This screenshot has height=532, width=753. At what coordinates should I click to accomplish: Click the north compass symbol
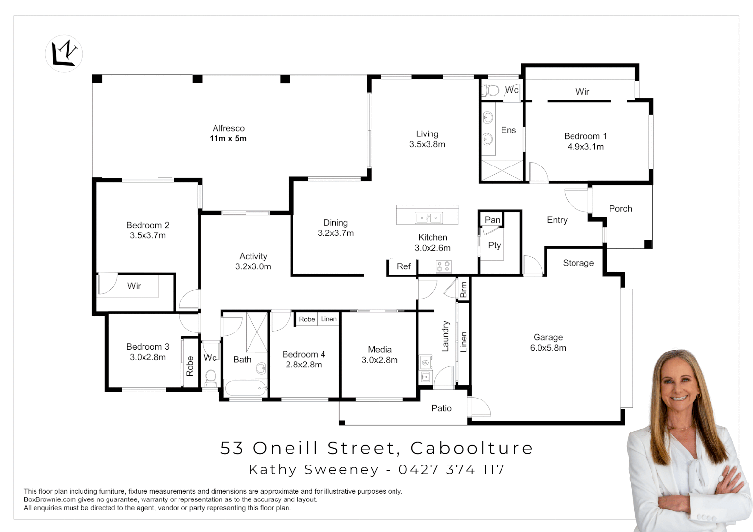[64, 54]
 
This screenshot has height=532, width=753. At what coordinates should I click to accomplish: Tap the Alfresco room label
[228, 128]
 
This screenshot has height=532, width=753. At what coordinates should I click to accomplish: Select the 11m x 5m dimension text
[228, 139]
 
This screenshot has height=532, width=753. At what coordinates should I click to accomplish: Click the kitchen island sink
[428, 217]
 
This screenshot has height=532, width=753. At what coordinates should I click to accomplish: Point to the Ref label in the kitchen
[403, 266]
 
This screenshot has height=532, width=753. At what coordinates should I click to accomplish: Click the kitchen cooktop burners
[443, 266]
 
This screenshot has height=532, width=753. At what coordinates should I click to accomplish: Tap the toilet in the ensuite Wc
[491, 90]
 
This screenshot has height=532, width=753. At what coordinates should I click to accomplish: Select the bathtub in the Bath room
[245, 388]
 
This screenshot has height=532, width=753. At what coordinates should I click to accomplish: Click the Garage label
[548, 337]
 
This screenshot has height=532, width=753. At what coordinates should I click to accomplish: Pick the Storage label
[578, 263]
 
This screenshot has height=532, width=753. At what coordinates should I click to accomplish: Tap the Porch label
[620, 209]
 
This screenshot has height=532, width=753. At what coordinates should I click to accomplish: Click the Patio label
[441, 408]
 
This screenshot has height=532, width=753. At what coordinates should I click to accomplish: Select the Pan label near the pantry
[492, 220]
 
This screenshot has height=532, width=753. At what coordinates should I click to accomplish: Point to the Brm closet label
[464, 290]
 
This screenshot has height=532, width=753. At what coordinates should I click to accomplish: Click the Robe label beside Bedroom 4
[307, 319]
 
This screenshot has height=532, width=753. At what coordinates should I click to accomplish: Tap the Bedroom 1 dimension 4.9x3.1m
[585, 147]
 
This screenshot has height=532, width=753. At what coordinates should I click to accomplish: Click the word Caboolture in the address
[471, 448]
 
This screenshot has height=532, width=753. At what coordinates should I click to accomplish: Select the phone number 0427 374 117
[451, 470]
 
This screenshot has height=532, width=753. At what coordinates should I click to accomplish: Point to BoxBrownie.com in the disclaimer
[50, 499]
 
